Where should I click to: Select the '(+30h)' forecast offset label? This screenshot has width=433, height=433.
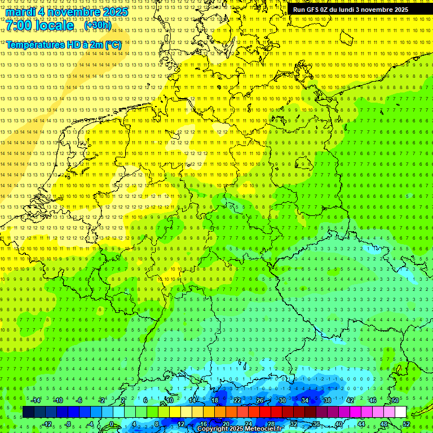coord(98,25)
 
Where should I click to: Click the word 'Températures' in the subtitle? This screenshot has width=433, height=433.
coord(34,45)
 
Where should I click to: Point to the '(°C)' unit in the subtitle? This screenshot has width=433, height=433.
coord(112,45)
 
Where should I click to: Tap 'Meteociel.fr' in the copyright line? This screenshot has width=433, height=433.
coord(263,429)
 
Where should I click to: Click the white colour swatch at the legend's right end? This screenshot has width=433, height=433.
coord(400,412)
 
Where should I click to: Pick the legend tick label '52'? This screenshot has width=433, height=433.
coord(406,424)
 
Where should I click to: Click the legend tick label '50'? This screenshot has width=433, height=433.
coord(395,400)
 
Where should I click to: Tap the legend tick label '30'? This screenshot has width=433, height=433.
coord(282,400)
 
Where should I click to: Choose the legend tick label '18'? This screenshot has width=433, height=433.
coord(214,400)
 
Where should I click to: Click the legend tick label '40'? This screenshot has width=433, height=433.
coord(338,424)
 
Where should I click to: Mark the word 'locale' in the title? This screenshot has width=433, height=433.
coord(54,26)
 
